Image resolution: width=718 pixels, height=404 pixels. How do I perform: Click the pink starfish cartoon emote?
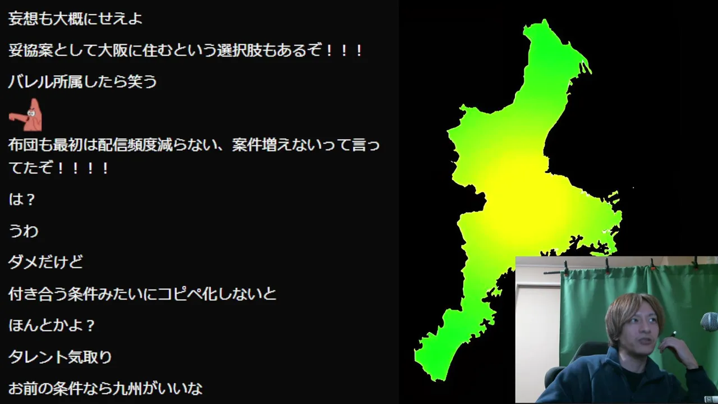coord(25,115)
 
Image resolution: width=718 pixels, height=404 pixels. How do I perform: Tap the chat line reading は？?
coord(22,199)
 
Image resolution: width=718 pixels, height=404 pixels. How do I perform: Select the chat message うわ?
coord(24,231)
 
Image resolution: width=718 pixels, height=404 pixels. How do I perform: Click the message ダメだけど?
coord(45,262)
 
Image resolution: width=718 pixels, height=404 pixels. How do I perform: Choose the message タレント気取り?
coord(60,357)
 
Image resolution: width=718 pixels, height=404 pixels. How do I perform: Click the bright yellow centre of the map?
coord(519,192)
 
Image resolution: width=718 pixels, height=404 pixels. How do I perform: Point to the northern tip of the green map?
coord(544,20)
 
